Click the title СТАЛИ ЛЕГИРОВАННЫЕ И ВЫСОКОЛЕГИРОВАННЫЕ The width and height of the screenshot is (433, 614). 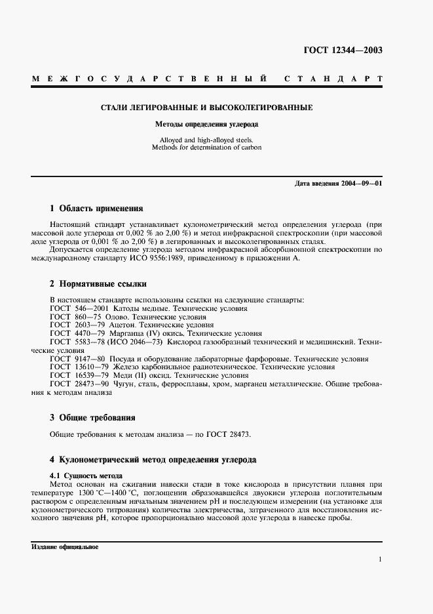[206, 107]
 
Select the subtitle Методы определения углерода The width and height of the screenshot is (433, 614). [206, 124]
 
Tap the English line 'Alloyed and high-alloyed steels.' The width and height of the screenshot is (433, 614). [206, 140]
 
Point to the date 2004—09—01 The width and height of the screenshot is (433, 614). [361, 183]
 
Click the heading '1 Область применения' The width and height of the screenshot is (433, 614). [96, 209]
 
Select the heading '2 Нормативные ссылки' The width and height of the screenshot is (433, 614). [98, 284]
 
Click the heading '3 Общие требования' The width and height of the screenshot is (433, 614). [92, 417]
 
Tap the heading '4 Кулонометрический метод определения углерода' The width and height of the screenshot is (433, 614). [153, 460]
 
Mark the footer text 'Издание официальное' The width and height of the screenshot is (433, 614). [64, 546]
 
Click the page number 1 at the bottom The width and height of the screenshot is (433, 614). [380, 560]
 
